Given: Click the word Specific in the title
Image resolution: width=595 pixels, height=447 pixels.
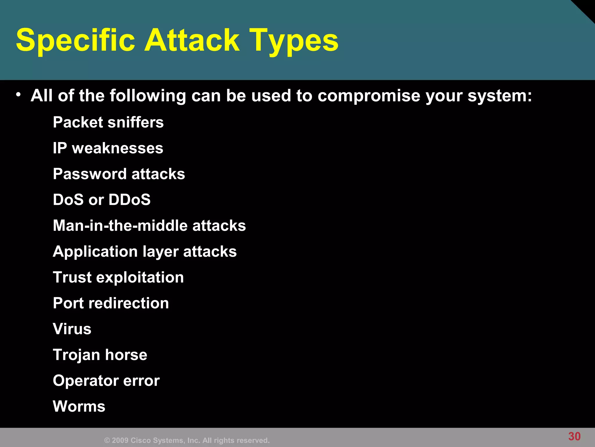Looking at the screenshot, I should [76, 40].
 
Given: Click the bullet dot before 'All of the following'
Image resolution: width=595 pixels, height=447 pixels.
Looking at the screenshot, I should [18, 94].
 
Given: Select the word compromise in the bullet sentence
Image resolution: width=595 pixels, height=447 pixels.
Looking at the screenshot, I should [369, 96].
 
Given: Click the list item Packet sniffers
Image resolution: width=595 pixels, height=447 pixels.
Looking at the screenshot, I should [108, 122].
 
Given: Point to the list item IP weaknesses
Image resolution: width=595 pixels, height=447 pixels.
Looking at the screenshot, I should [108, 148].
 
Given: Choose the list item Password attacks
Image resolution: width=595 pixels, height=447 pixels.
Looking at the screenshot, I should [119, 174].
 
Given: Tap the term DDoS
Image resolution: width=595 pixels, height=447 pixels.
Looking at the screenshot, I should [130, 200].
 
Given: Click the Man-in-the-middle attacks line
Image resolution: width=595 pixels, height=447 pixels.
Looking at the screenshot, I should [149, 226].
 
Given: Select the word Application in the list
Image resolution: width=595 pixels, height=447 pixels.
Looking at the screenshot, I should [95, 251].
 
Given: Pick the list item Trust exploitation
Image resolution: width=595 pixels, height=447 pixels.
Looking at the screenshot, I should [118, 277].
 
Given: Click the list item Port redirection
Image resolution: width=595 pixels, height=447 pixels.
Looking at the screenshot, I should [111, 303].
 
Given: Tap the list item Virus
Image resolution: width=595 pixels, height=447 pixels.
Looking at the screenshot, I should [72, 329].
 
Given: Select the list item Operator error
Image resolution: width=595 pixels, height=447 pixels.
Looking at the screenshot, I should [106, 381].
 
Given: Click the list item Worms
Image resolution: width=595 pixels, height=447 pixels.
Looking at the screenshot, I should [79, 407].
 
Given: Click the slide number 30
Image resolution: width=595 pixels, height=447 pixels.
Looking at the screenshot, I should [574, 437].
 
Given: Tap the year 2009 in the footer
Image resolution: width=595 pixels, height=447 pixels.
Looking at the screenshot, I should [120, 440].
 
